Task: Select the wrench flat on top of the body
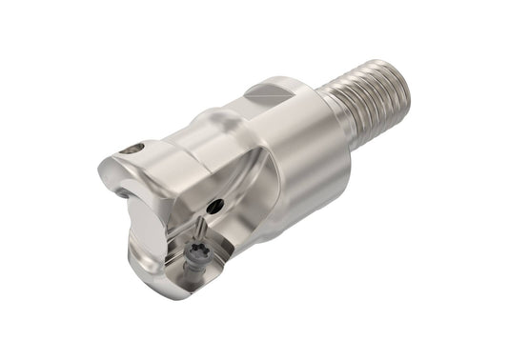point(271,91)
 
